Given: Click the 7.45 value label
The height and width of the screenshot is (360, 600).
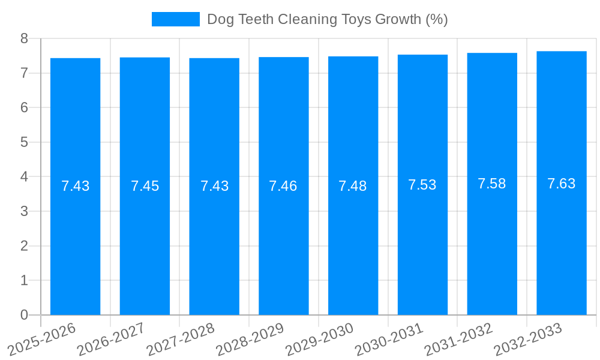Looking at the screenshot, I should [145, 186].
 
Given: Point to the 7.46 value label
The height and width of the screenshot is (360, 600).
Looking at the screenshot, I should [283, 186].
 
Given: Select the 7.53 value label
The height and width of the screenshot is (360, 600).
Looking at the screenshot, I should [422, 185].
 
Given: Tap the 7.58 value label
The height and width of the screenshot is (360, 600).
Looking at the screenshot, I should [492, 184].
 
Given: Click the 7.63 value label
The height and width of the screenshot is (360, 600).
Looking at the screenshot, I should [562, 184].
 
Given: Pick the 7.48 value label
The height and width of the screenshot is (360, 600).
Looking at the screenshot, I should [353, 186].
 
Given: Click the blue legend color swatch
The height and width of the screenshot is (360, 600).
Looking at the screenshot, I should [175, 19].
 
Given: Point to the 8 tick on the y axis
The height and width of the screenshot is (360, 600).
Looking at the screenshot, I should [24, 38].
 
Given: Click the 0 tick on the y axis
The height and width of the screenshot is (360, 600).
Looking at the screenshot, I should [24, 315].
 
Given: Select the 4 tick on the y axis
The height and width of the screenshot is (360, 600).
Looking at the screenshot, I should [24, 177].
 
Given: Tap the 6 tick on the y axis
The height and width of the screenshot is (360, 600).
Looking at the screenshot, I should [24, 107].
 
